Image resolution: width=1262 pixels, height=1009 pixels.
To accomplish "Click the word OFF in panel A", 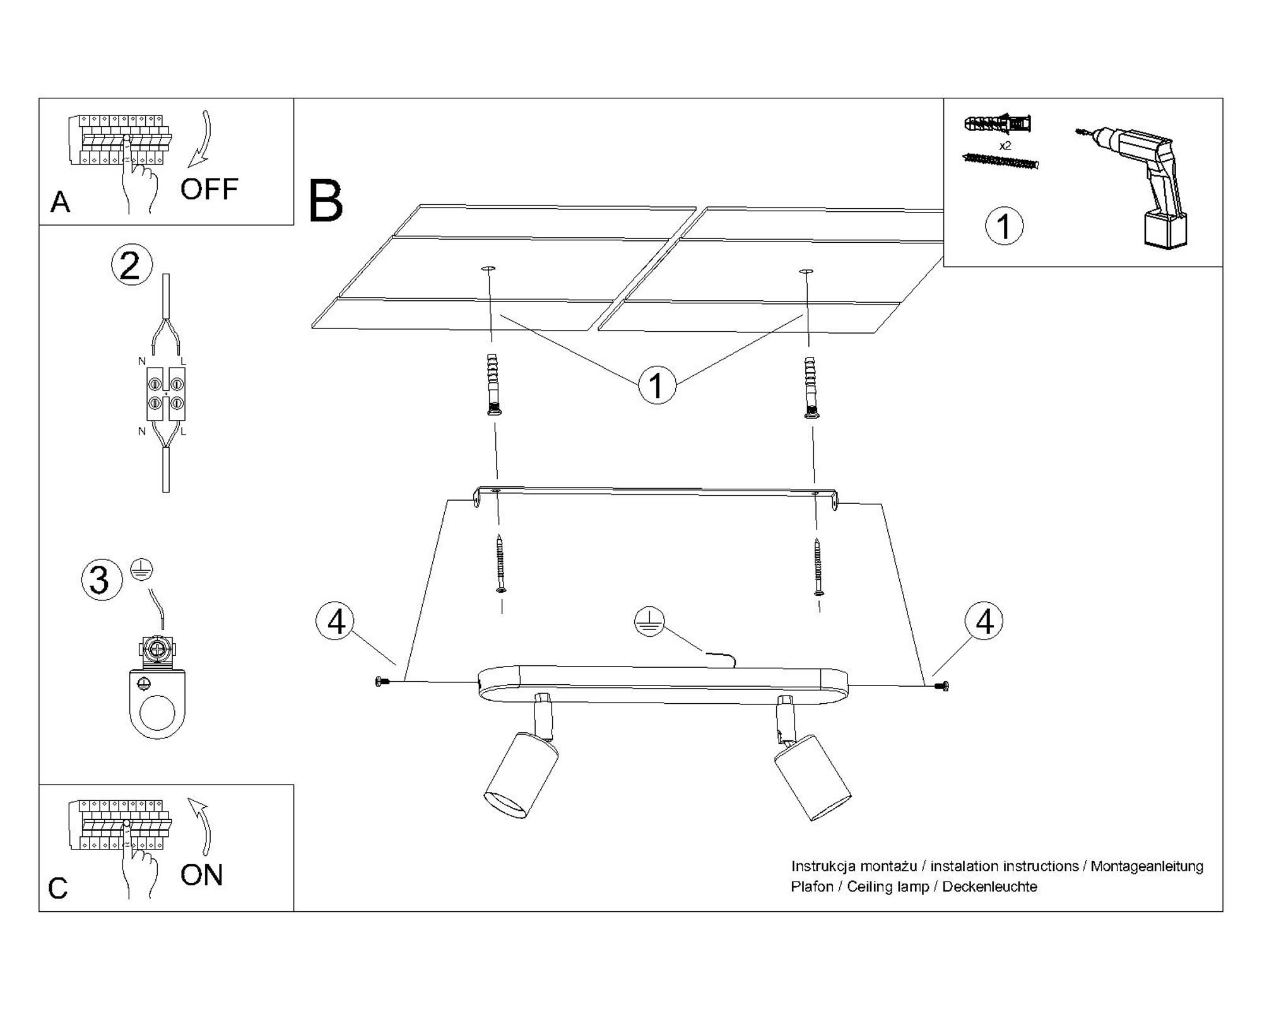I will click(x=209, y=189).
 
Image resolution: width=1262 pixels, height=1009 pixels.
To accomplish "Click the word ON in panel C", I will click(x=201, y=875).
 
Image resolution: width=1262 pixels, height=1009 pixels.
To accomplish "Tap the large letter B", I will click(x=326, y=201).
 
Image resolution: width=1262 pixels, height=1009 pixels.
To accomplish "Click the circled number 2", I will click(x=131, y=265).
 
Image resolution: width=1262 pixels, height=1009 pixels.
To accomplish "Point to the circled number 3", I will click(x=101, y=580).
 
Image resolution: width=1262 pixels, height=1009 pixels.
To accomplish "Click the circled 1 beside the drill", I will click(x=1004, y=226).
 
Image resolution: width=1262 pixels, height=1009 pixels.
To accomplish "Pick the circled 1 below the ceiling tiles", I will click(x=657, y=385).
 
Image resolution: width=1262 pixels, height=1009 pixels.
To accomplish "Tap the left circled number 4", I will click(x=336, y=621).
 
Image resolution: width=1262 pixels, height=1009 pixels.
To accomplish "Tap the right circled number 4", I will click(x=984, y=621).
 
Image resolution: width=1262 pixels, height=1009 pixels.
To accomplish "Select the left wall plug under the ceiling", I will click(x=493, y=384).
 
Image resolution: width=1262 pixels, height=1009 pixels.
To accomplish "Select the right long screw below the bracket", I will click(x=818, y=566).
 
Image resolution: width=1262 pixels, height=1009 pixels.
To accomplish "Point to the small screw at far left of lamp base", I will click(x=379, y=681).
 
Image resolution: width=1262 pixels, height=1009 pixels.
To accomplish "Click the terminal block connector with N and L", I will click(x=166, y=393).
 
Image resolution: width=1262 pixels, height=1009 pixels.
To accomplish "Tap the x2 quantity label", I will click(x=1005, y=146).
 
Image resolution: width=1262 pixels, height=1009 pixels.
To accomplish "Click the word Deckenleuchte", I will click(x=989, y=887).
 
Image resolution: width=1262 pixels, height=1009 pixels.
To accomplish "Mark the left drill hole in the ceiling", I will click(x=488, y=269).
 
